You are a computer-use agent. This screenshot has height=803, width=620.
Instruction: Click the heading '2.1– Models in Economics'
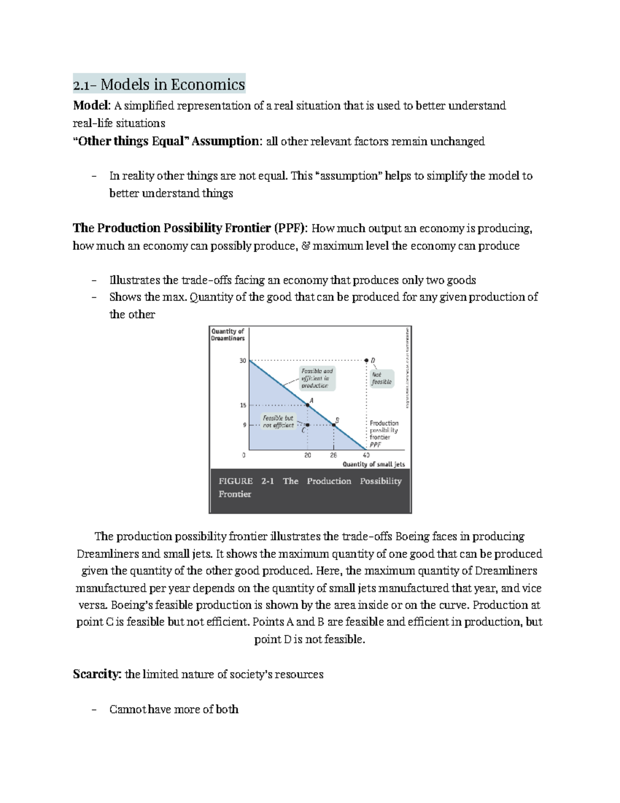(159, 84)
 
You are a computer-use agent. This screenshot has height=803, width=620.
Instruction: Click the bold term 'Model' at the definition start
(91, 106)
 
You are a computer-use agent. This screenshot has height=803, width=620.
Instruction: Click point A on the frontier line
(308, 405)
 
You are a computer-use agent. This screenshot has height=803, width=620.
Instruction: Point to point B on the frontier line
(334, 425)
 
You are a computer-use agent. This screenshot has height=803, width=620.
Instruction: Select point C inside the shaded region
(308, 425)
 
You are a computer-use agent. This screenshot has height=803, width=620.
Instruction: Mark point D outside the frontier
(366, 360)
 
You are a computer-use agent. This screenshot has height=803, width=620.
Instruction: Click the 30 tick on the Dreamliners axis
(243, 360)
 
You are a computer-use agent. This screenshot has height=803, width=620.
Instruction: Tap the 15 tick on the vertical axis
(243, 405)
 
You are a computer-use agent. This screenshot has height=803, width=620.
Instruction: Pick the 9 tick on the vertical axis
(244, 425)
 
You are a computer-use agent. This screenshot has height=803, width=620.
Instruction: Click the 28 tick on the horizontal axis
(333, 456)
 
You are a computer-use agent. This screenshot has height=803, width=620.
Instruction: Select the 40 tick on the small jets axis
(366, 456)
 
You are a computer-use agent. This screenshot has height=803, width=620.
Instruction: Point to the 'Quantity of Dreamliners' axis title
(227, 335)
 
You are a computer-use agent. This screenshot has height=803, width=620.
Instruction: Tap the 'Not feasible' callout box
(382, 378)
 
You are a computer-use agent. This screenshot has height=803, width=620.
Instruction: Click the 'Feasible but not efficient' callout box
(278, 421)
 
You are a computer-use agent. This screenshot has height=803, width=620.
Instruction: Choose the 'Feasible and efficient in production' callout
(317, 378)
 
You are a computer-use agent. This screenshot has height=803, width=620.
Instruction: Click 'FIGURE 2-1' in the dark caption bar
(246, 481)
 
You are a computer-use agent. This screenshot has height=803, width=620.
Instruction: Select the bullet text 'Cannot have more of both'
(174, 709)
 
